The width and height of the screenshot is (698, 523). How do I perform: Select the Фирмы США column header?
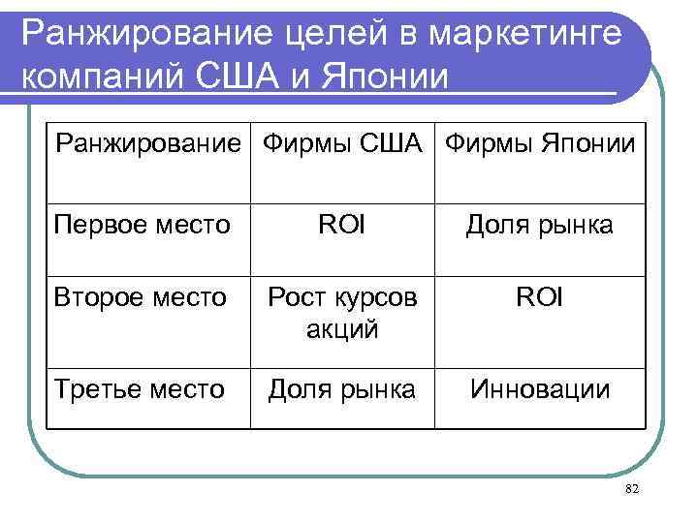click(x=343, y=145)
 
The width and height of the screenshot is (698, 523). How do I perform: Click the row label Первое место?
click(x=143, y=226)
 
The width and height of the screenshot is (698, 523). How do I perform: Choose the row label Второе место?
click(x=140, y=296)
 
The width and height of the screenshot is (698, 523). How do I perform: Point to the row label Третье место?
click(x=140, y=389)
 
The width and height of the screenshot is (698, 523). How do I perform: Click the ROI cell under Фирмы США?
click(x=343, y=226)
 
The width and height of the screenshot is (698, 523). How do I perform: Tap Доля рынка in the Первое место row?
click(x=540, y=226)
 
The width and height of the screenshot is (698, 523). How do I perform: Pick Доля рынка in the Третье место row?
click(x=343, y=389)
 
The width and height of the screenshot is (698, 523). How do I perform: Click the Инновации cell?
click(x=540, y=389)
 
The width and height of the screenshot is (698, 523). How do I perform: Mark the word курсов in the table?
click(x=376, y=297)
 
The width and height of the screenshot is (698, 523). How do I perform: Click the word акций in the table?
click(x=343, y=328)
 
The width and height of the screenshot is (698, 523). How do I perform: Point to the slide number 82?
click(x=633, y=491)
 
